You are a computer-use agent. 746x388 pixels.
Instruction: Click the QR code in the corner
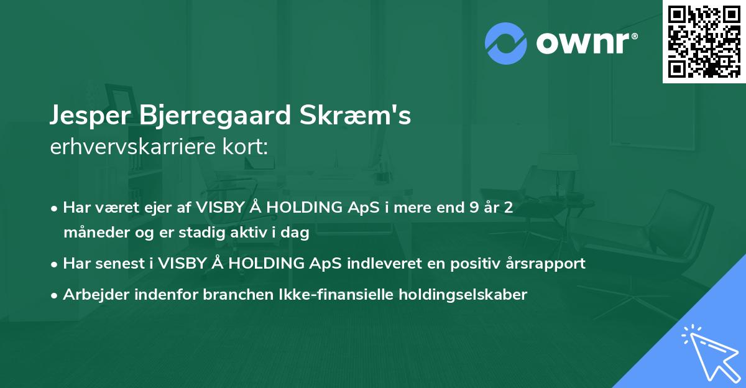click(704, 41)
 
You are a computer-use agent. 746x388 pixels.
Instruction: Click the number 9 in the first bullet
click(476, 208)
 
